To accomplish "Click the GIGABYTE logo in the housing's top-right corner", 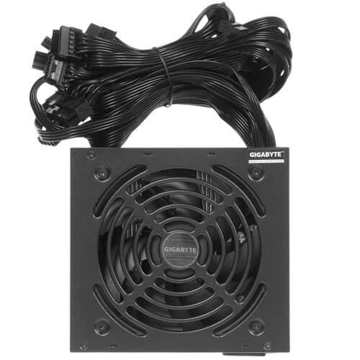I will [268, 155].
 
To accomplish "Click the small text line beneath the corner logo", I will [268, 162].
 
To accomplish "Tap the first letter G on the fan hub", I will [166, 249].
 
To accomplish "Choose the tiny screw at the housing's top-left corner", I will [89, 153].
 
